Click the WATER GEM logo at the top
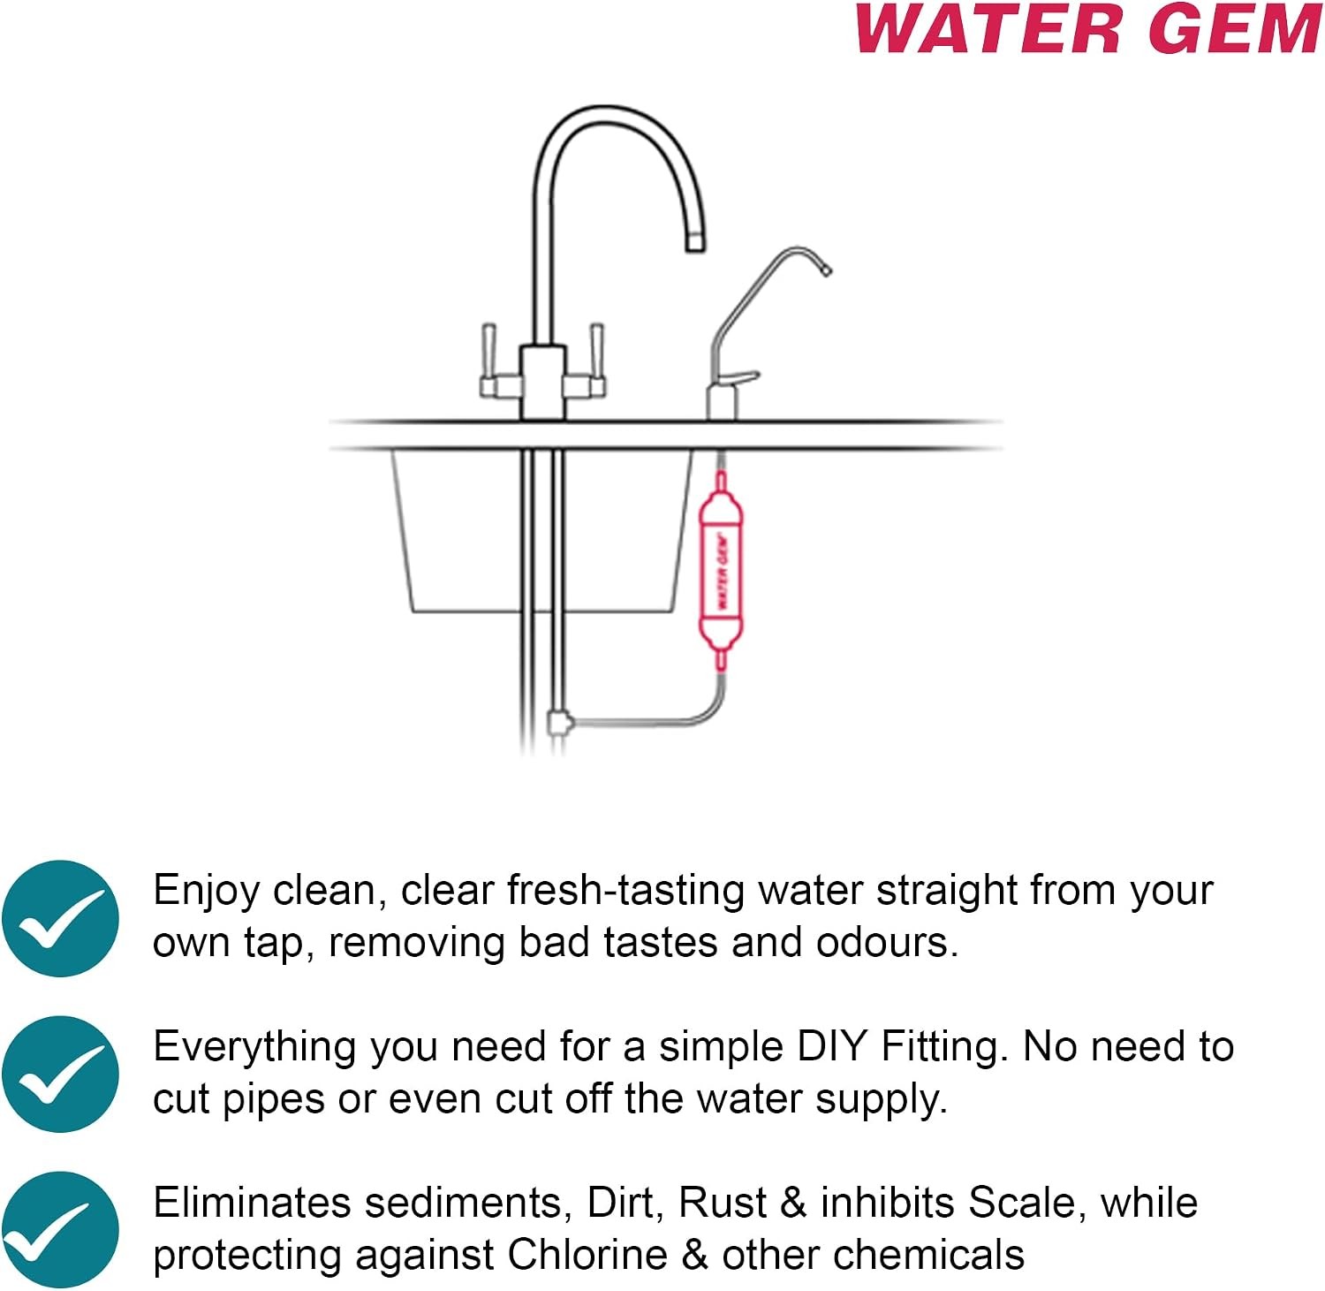click(1089, 29)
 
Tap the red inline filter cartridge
click(721, 571)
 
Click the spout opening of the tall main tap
click(696, 241)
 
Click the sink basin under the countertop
click(541, 530)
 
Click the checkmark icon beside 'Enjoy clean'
click(60, 918)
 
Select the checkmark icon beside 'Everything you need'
click(60, 1075)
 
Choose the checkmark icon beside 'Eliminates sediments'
click(60, 1230)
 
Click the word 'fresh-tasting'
click(626, 890)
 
